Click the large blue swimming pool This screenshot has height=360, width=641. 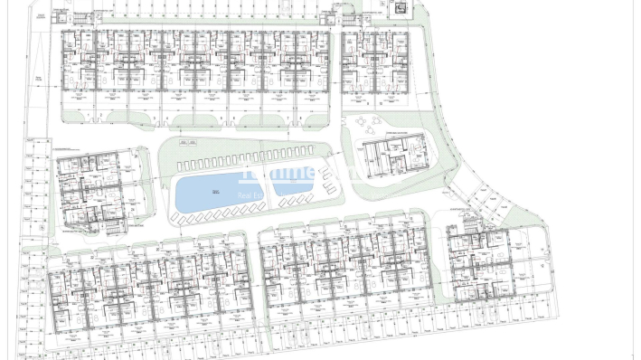(210, 192)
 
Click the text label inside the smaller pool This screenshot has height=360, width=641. (292, 180)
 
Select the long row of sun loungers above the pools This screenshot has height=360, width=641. (244, 161)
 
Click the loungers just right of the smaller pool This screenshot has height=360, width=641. (328, 185)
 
